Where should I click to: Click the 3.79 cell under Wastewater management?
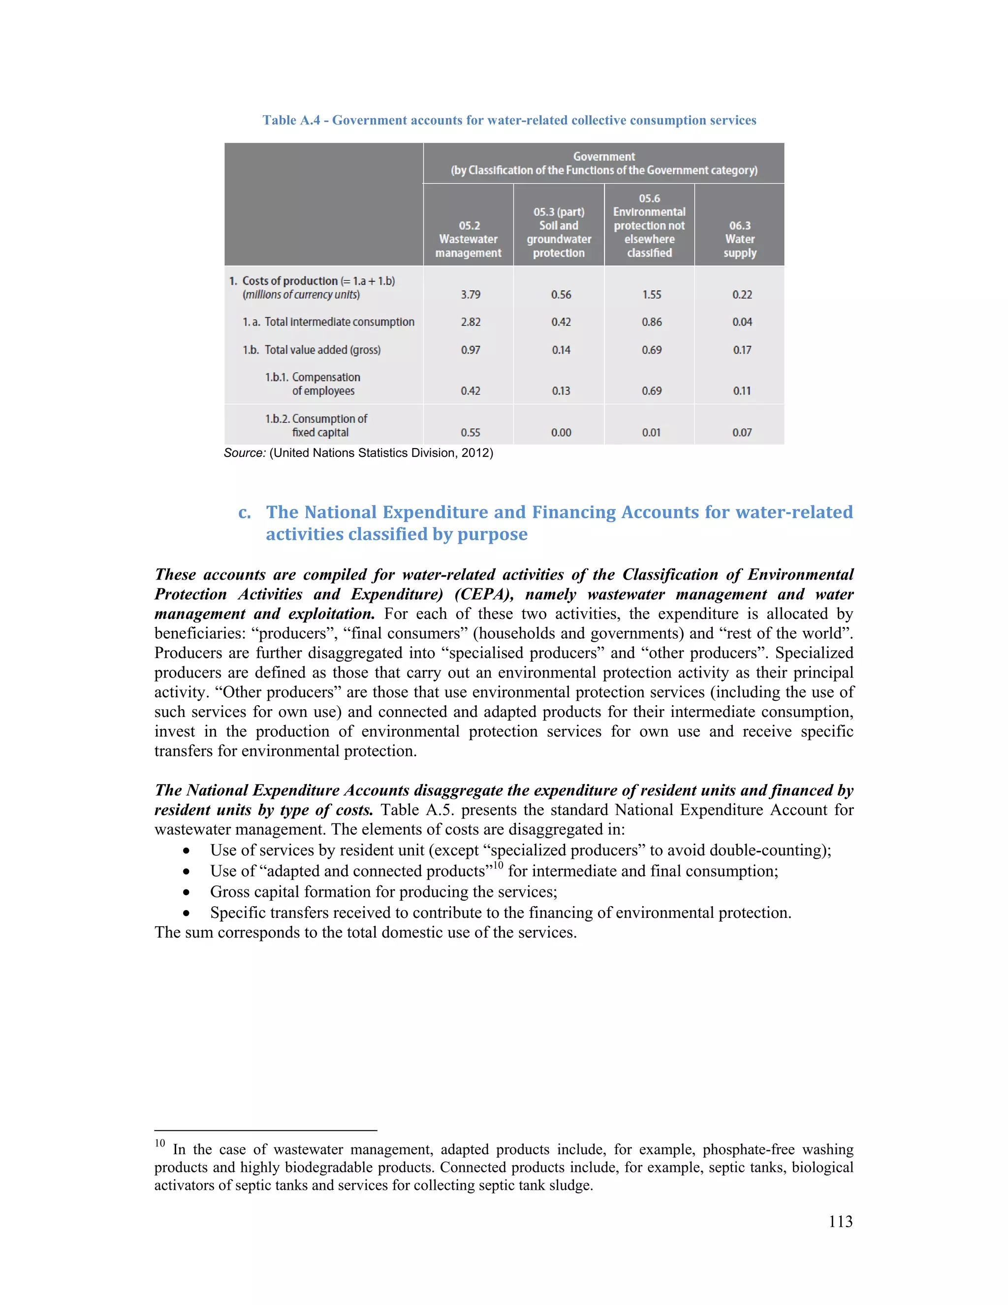pos(471,294)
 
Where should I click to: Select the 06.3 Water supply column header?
pos(739,239)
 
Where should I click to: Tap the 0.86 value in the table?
pos(652,322)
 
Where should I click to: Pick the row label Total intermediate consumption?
pos(328,322)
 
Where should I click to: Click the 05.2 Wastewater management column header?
pos(468,239)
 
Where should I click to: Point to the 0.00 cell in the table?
pos(561,432)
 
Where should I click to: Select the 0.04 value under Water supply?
pos(742,322)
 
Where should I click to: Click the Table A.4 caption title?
pos(509,120)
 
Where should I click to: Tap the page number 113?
pos(840,1221)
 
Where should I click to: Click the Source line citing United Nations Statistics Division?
pos(358,453)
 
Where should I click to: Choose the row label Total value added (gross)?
pos(311,350)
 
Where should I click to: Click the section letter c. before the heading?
pos(244,513)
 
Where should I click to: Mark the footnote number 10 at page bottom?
pos(159,1143)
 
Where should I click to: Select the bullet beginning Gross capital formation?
pos(383,892)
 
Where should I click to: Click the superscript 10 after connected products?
pos(498,866)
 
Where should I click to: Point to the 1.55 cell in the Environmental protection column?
pos(652,294)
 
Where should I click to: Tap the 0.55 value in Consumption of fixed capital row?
pos(471,432)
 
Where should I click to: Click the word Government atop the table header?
pos(604,157)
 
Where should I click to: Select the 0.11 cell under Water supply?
pos(742,391)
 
